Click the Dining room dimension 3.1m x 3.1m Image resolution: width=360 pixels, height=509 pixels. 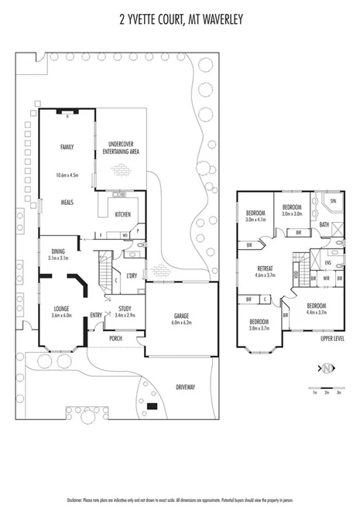pos(59,258)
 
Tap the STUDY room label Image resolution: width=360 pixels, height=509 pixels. pos(124,309)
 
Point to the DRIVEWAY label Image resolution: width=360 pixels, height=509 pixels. pos(185,386)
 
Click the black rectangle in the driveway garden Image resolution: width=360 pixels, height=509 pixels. pos(151,406)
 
